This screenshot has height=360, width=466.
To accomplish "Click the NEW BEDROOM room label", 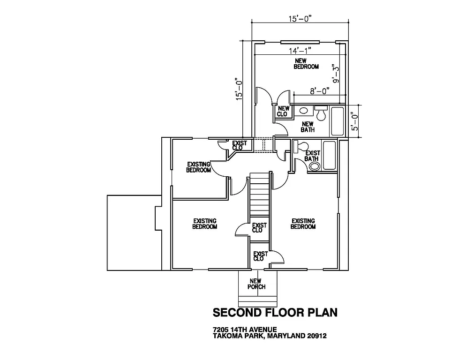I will point(306,64).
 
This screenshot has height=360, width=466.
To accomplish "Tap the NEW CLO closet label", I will point(283,111).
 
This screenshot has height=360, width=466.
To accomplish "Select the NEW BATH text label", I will point(308,127).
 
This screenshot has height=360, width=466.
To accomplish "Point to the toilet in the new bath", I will point(321,112).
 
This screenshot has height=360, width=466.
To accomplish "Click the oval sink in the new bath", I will point(303,111).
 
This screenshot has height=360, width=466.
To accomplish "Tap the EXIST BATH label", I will point(312,156).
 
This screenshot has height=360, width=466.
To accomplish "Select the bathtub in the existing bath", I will point(329,156).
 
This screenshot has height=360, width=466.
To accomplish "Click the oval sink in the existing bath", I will point(314,166).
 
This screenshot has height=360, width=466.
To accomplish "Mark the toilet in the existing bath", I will point(297,147).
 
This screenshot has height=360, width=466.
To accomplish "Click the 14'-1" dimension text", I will point(300,50).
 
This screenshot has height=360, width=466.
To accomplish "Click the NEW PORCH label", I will point(257,284).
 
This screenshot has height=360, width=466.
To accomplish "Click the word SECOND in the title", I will point(238,312).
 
